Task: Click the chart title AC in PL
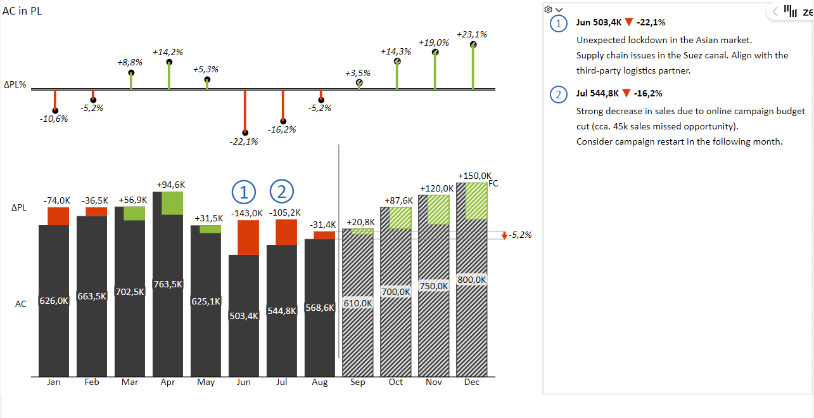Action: (x=23, y=11)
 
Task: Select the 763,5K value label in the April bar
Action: (x=168, y=284)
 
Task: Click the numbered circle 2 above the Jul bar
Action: (x=283, y=191)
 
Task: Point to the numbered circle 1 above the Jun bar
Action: (x=244, y=191)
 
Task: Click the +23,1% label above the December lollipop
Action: (x=471, y=34)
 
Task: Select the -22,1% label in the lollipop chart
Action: (x=244, y=141)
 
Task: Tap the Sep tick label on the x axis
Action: (x=357, y=382)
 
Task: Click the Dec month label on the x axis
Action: (x=471, y=382)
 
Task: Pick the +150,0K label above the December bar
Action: (x=474, y=176)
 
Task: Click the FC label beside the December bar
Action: (x=493, y=184)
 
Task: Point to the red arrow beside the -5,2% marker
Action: (x=504, y=235)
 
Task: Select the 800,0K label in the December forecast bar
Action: (x=472, y=280)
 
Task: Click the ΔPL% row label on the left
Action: (x=15, y=84)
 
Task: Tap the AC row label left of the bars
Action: (x=21, y=304)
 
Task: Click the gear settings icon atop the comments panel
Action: (x=549, y=9)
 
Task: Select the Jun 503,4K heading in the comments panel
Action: (x=599, y=22)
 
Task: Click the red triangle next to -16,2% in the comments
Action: (x=626, y=93)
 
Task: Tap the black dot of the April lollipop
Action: (x=169, y=62)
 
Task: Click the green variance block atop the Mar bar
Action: (x=134, y=213)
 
